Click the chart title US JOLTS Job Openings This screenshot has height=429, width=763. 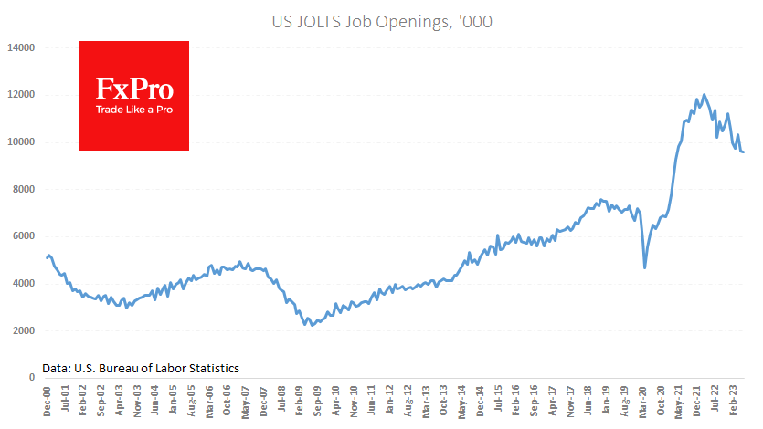[382, 21]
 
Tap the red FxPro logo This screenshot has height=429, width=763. [134, 95]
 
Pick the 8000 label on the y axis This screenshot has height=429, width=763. [23, 189]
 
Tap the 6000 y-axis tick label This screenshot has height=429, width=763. [23, 236]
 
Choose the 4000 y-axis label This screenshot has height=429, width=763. [23, 284]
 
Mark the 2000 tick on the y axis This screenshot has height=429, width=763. [23, 330]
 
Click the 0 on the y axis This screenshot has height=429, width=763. [32, 378]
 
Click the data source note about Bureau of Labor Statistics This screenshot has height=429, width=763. [141, 368]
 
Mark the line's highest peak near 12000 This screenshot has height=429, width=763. [703, 94]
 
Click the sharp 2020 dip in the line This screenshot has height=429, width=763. [645, 267]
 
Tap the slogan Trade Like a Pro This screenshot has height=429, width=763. [134, 110]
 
